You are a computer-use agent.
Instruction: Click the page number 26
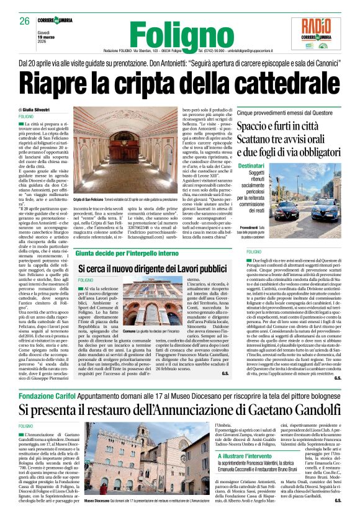pos(25,21)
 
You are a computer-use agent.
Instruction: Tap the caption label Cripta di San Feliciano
pos(91,199)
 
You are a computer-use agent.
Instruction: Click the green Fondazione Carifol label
pos(43,394)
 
